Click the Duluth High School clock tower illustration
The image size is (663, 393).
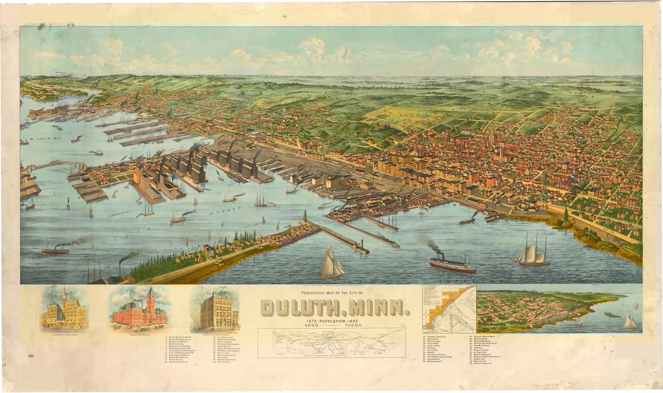pyautogui.click(x=150, y=302)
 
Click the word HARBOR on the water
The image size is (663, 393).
pyautogui.click(x=225, y=211)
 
